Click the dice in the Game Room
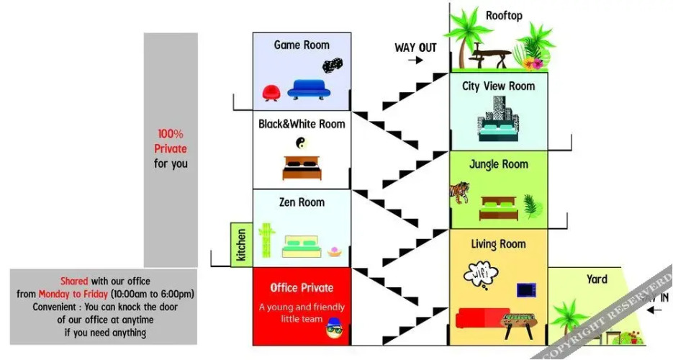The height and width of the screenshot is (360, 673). point(332,66)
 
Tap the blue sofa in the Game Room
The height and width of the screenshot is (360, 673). point(309,89)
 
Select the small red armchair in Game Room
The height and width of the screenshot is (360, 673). point(271,93)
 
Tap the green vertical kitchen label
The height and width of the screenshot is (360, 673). point(242,245)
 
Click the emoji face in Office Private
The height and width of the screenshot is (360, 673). point(333,331)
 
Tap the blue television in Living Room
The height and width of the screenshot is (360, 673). point(526,289)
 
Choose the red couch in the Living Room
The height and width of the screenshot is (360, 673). point(483,318)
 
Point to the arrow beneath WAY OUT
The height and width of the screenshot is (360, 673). point(415,60)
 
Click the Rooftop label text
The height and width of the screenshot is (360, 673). point(504,15)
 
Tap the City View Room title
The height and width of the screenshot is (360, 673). point(498,86)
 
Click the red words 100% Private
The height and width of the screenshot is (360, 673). point(171,141)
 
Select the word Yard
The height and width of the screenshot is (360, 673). point(597,279)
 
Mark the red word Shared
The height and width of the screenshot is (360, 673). point(74,281)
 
